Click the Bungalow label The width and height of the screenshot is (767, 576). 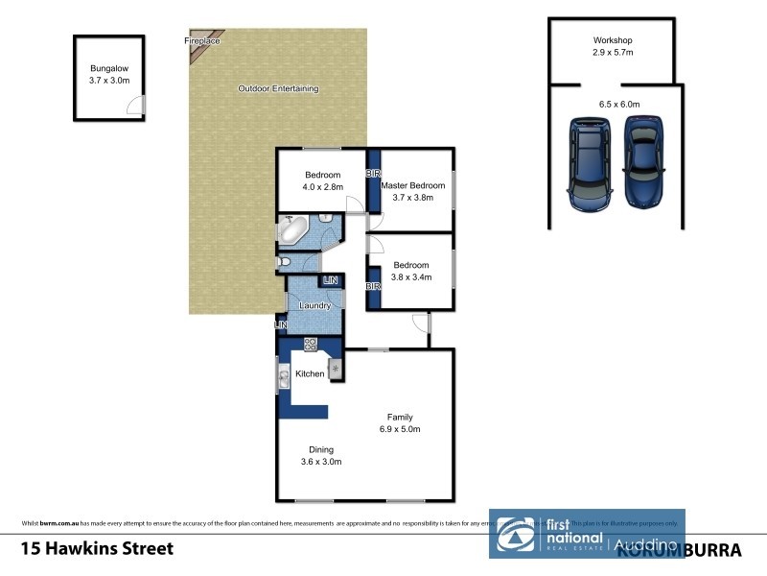[x=107, y=69]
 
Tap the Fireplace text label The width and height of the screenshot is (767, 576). [x=202, y=41]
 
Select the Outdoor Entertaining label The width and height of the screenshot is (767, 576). [x=278, y=89]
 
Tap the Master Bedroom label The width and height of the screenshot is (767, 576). [x=413, y=185]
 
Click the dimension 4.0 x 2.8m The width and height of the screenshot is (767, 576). [x=323, y=188]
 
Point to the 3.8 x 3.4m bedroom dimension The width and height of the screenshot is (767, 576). [x=410, y=276]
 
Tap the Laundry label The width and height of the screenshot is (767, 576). [x=314, y=306]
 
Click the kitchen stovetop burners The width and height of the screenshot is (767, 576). [x=311, y=344]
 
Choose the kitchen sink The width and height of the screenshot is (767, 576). [x=284, y=379]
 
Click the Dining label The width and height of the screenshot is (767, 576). [x=321, y=449]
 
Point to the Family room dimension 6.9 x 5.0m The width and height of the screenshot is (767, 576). [x=400, y=429]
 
